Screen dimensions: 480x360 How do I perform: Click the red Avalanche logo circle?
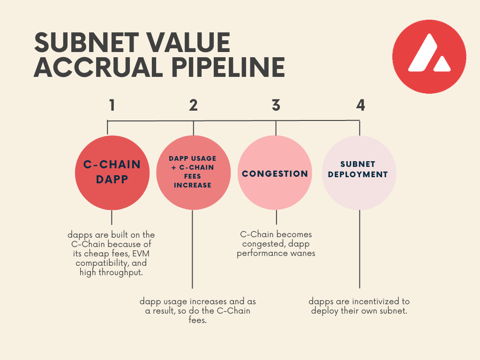pos(429,57)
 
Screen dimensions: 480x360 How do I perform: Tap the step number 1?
pos(112,105)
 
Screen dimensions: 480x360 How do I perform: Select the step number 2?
pos(193,105)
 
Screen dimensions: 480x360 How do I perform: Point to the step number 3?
pos(276,105)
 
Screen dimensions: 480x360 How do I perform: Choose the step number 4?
pos(360,105)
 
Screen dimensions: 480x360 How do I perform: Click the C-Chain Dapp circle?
pos(112,172)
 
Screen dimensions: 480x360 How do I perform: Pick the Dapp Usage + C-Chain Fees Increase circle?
pos(193,172)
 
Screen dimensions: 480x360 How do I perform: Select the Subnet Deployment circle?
pos(359,172)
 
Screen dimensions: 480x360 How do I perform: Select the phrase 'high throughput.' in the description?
pos(111,272)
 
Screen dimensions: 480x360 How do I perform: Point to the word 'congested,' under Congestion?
pos(264,244)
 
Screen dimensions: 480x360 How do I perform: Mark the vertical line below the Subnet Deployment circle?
pos(360,248)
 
